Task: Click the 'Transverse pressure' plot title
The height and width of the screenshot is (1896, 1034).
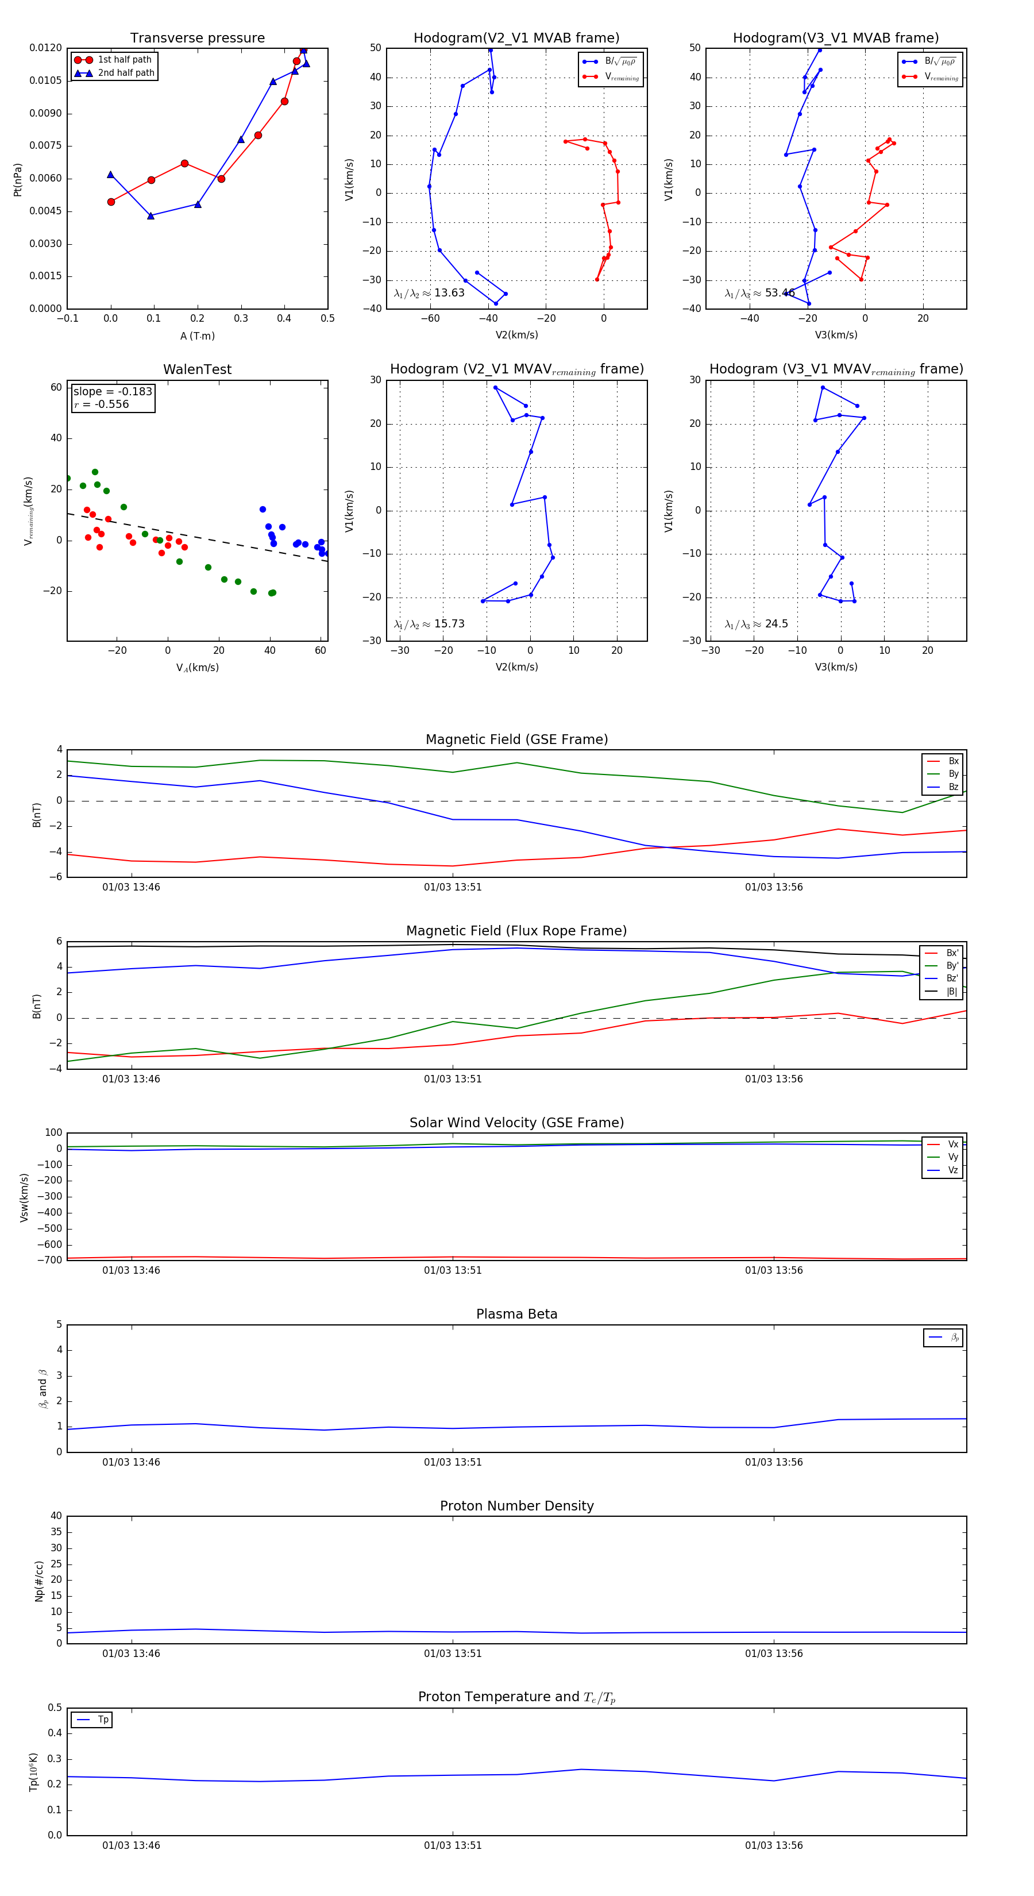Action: [x=197, y=38]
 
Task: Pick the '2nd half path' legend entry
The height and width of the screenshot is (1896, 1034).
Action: [x=126, y=73]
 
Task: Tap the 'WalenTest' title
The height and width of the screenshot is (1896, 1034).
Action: [x=197, y=369]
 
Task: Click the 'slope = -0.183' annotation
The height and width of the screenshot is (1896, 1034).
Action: [x=113, y=392]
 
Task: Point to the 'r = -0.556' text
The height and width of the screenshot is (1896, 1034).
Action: [x=102, y=404]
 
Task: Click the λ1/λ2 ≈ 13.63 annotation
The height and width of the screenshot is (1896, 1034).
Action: [x=429, y=293]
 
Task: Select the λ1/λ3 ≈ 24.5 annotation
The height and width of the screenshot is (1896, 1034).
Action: [x=756, y=624]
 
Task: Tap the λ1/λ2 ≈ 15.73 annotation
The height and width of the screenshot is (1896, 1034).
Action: [x=429, y=624]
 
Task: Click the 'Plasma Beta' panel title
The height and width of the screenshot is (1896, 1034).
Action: [x=516, y=1314]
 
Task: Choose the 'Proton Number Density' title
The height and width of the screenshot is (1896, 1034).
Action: [x=516, y=1505]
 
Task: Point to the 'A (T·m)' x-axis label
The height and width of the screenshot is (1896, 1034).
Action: [x=197, y=336]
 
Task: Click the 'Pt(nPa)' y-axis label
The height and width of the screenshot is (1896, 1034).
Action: [x=18, y=180]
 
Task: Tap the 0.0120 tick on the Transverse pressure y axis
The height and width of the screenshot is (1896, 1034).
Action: [x=45, y=48]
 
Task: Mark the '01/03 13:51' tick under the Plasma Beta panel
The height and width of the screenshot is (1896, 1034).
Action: [x=453, y=1462]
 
